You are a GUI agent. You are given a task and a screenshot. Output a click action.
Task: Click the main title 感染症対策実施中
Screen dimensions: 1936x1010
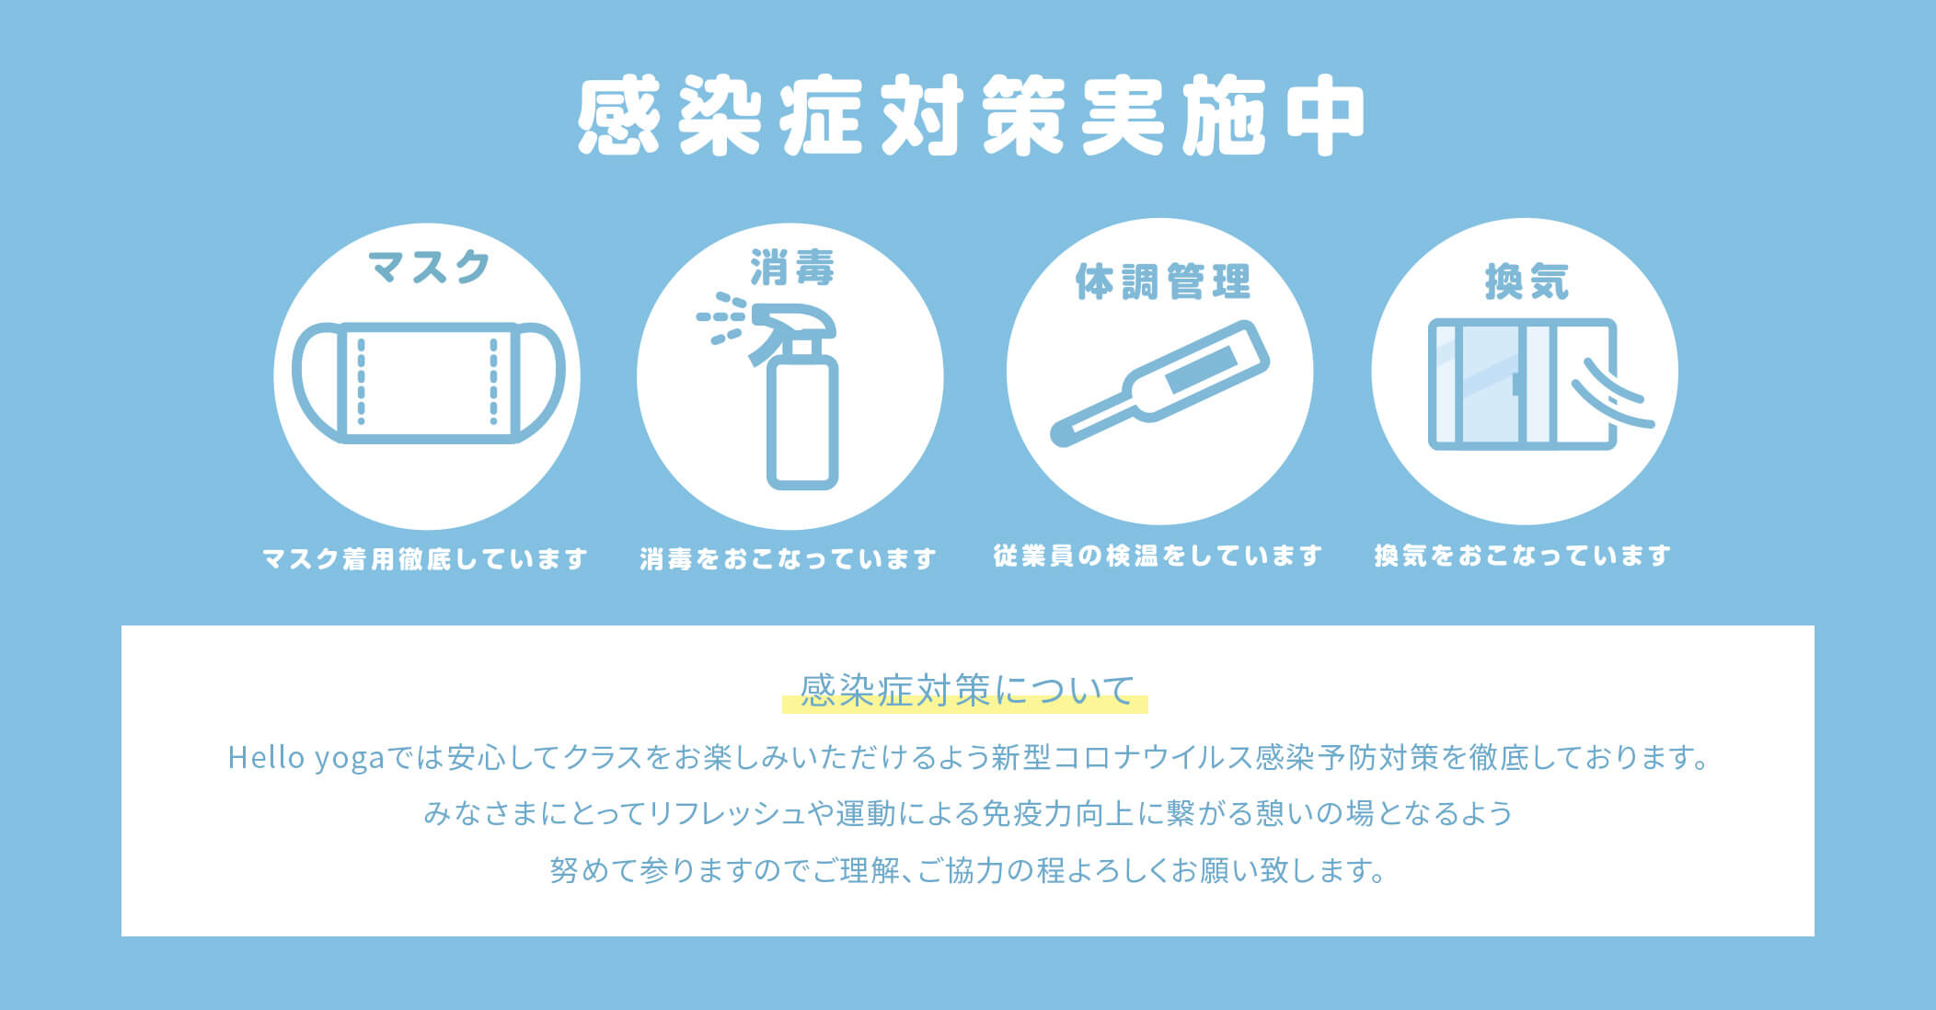coord(970,118)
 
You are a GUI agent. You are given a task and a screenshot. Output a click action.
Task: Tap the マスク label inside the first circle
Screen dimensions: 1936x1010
coord(429,267)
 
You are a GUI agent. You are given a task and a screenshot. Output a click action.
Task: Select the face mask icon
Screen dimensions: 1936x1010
coord(428,383)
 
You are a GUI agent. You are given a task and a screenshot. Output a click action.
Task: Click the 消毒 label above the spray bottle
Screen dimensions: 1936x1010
coord(791,268)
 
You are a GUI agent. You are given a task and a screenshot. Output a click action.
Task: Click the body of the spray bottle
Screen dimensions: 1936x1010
coord(802,423)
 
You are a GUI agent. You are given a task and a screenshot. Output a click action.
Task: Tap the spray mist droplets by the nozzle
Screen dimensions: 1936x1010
coord(721,318)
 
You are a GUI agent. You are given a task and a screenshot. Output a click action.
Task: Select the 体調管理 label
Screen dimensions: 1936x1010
coord(1163,281)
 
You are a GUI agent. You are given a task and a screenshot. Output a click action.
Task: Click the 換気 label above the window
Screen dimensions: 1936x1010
coord(1527,281)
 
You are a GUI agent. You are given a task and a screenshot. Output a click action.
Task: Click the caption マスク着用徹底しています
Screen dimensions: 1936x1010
coord(425,558)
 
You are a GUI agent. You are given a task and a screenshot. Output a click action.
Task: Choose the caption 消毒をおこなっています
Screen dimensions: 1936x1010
coord(789,558)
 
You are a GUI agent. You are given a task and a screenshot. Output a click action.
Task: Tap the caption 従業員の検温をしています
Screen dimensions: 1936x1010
coord(1158,556)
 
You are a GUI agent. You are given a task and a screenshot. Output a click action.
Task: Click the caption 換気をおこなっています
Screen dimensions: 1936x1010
coord(1523,556)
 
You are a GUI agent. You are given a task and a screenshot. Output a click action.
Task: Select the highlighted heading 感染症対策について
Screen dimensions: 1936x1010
coord(966,691)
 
